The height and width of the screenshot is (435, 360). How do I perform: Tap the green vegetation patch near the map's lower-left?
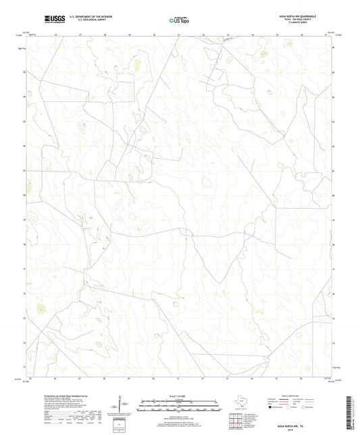tap(42, 310)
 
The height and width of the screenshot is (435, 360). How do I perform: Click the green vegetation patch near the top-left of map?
tap(138, 66)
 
